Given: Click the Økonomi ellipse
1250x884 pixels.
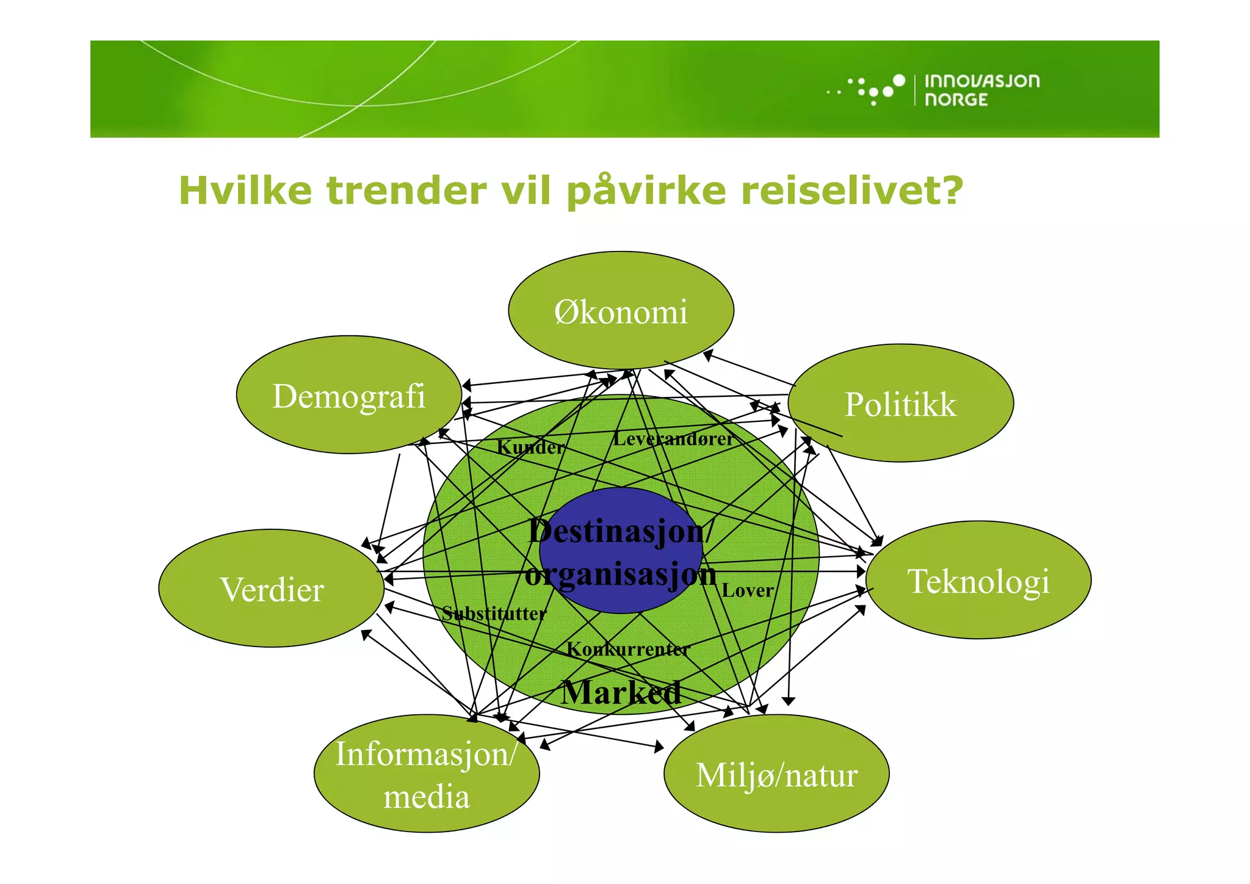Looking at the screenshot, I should click(x=621, y=311).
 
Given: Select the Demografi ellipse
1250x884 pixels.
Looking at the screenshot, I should click(x=349, y=395).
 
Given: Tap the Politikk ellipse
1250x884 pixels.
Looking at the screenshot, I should click(x=900, y=404).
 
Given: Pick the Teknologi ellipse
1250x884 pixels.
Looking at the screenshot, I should click(x=978, y=580).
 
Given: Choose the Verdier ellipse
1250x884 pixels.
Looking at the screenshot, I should click(x=272, y=589).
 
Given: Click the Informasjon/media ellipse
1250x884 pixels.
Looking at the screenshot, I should click(x=427, y=774).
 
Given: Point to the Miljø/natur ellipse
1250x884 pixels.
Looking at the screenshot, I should click(x=776, y=774).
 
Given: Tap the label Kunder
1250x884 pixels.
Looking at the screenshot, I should click(x=530, y=447).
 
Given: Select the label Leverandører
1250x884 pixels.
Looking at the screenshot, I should click(x=673, y=438).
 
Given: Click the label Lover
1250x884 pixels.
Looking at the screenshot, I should click(x=747, y=590).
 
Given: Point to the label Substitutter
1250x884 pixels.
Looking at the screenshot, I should click(x=494, y=613).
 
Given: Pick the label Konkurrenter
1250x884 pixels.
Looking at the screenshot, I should click(x=628, y=649).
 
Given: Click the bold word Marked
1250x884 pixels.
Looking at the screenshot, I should click(x=621, y=692).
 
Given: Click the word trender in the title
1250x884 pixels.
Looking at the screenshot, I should click(x=406, y=190).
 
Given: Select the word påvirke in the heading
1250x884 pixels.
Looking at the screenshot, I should click(x=646, y=192).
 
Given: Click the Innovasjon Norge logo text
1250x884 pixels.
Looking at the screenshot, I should click(x=981, y=90).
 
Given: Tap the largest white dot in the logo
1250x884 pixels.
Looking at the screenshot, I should click(x=898, y=80).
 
